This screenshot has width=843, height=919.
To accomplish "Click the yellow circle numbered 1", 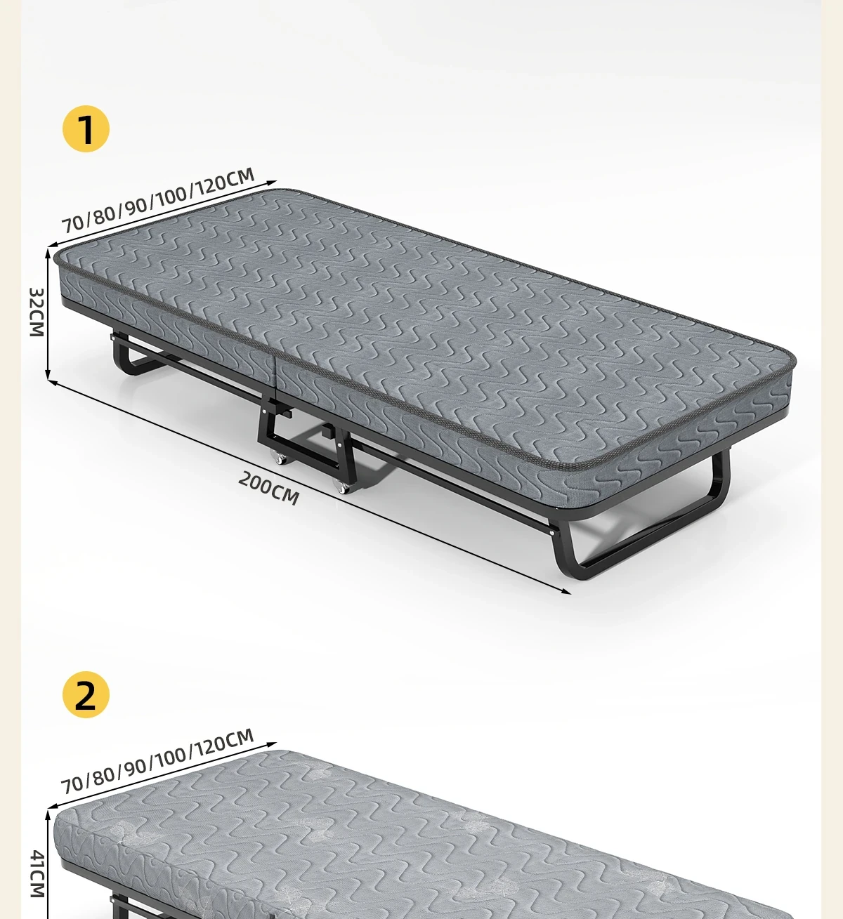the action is [x=86, y=128].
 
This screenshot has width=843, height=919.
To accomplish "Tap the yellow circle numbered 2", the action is [x=86, y=694].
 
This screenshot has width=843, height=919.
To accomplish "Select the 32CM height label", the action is [x=37, y=312].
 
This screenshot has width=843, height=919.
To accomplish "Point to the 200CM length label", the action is [x=269, y=488].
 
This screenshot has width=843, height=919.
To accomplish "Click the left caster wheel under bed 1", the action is [x=279, y=457].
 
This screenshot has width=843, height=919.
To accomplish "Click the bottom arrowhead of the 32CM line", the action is [x=48, y=376].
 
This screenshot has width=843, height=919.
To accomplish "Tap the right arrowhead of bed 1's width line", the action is [x=273, y=183].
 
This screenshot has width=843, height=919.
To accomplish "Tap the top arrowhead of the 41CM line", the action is [x=48, y=814].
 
